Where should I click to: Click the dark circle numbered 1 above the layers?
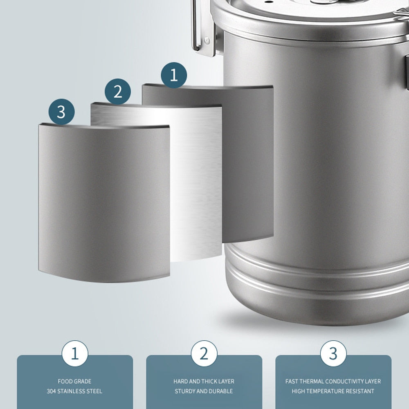point(174,75)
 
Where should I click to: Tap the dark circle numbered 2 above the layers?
point(118,91)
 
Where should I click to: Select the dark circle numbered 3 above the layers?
point(61,111)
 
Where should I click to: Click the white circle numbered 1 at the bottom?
point(75,353)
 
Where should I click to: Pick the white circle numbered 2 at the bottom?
point(204,353)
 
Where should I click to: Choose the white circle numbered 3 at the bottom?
point(333,353)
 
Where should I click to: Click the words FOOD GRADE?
point(74,381)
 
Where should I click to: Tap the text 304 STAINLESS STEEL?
point(74,391)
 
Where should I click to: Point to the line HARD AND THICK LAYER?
point(204,381)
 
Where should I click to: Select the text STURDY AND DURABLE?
point(204,391)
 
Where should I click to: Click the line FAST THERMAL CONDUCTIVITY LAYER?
point(333,381)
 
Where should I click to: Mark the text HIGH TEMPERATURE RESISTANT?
point(333,391)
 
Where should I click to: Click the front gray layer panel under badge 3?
point(104,204)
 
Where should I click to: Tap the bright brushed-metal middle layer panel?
point(196,184)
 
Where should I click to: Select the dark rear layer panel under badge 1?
point(248,164)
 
